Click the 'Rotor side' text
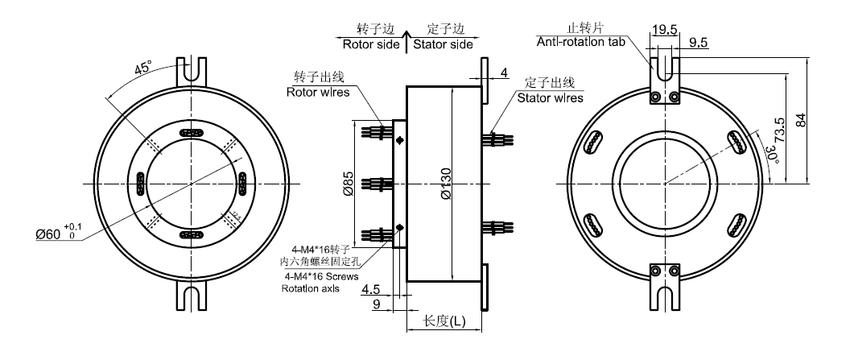[x=371, y=45]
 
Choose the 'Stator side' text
[x=443, y=45]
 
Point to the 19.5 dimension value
[x=664, y=30]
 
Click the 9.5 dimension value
[x=698, y=44]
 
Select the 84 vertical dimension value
[x=800, y=122]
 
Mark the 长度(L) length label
[x=444, y=321]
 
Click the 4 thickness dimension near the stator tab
[x=505, y=73]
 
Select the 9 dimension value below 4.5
[x=374, y=303]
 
